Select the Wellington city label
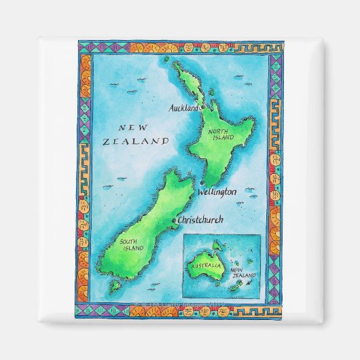(x=217, y=192)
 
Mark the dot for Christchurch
(x=175, y=220)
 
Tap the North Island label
(x=222, y=134)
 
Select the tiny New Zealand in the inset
(x=238, y=288)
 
